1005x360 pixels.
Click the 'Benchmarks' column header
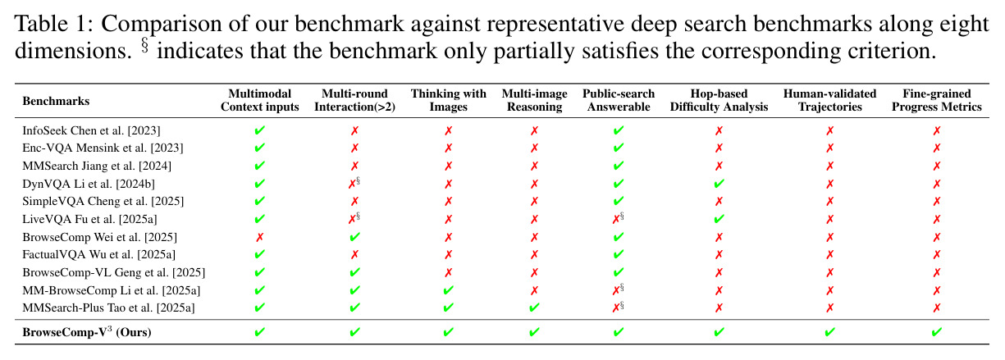click(56, 101)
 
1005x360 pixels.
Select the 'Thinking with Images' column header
click(448, 100)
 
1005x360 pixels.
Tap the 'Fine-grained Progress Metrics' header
click(936, 100)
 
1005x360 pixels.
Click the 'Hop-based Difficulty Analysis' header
click(719, 100)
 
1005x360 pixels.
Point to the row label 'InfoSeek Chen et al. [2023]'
click(92, 130)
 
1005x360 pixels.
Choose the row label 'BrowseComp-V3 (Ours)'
click(87, 332)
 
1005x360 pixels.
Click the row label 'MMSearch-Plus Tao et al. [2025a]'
click(108, 308)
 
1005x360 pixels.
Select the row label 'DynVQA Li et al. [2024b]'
click(89, 184)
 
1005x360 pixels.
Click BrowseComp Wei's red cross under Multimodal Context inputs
click(259, 237)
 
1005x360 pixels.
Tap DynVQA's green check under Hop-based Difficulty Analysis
click(719, 184)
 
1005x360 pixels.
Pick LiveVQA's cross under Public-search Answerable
click(616, 219)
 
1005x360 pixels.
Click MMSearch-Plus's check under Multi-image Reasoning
click(534, 308)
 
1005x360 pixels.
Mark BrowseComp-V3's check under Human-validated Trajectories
click(829, 332)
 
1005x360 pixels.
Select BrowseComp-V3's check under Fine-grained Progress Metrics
click(936, 332)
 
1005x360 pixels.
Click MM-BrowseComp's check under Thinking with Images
click(448, 290)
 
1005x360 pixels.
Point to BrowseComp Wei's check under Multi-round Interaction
click(354, 237)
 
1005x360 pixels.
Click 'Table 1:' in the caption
click(54, 24)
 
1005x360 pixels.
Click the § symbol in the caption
click(144, 46)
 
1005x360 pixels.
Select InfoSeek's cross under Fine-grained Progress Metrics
click(936, 131)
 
